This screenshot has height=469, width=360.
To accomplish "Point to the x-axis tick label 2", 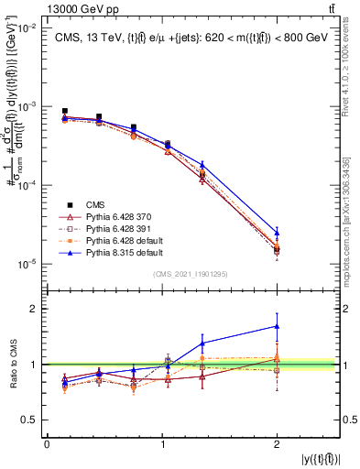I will point(277,444).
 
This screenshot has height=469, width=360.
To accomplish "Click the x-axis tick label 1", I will point(162,444).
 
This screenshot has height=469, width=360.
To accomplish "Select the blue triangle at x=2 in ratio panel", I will point(277,326).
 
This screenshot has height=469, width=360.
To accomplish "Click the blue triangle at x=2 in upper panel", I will point(277,233).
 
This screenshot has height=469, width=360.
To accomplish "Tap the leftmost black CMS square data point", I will point(65,111).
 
